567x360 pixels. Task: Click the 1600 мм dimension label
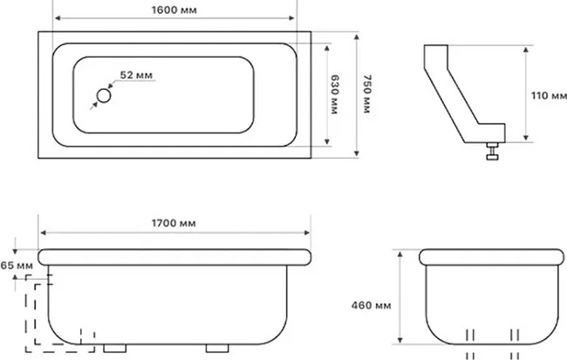[174, 10]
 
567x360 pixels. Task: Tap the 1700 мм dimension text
[174, 223]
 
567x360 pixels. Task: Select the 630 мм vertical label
[334, 95]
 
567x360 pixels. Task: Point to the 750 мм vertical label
[367, 94]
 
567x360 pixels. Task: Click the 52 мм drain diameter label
[136, 75]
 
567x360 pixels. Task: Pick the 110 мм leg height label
[549, 96]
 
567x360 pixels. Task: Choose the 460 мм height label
[371, 305]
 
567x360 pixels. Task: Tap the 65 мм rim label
[17, 265]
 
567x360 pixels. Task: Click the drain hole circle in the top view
[104, 96]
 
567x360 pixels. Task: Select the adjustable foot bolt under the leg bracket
[492, 151]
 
